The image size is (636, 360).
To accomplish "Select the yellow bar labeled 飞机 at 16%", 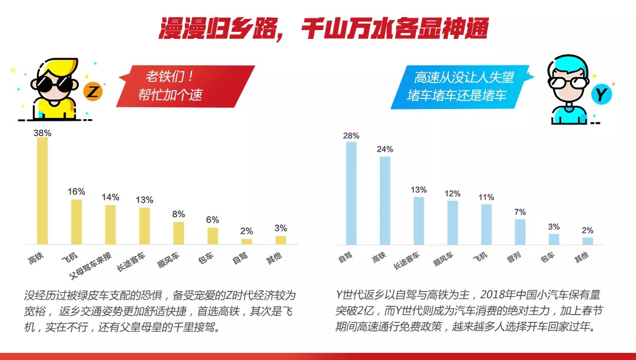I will [x=77, y=222].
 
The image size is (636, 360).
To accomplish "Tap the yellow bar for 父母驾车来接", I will [x=110, y=224].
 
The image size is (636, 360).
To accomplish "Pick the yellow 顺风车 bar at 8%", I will [x=178, y=233].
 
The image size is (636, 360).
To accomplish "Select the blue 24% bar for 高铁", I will [x=385, y=200].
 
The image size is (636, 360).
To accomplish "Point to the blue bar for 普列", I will [x=520, y=232].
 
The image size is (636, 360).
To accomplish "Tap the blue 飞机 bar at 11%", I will [x=486, y=224].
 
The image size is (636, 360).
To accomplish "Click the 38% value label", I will [x=42, y=133].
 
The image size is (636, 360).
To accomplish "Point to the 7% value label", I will [x=520, y=212].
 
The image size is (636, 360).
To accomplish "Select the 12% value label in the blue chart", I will [x=452, y=193].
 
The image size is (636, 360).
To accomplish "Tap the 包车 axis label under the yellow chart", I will [x=208, y=258].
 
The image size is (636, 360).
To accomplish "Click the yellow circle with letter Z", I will [x=94, y=92].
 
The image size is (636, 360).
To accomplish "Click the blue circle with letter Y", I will [x=600, y=95].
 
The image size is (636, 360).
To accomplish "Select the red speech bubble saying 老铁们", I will [x=183, y=85].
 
